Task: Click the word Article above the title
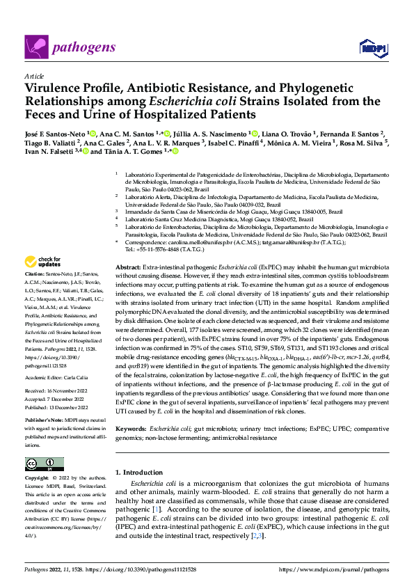click(34, 75)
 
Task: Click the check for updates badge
click(41, 263)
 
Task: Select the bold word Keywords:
click(130, 410)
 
